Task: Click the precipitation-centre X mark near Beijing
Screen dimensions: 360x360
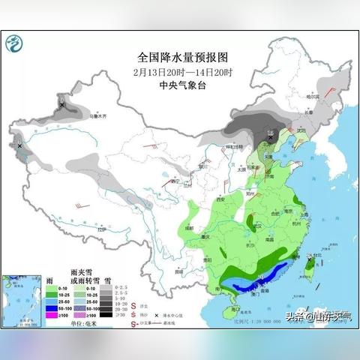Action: (x=270, y=137)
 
